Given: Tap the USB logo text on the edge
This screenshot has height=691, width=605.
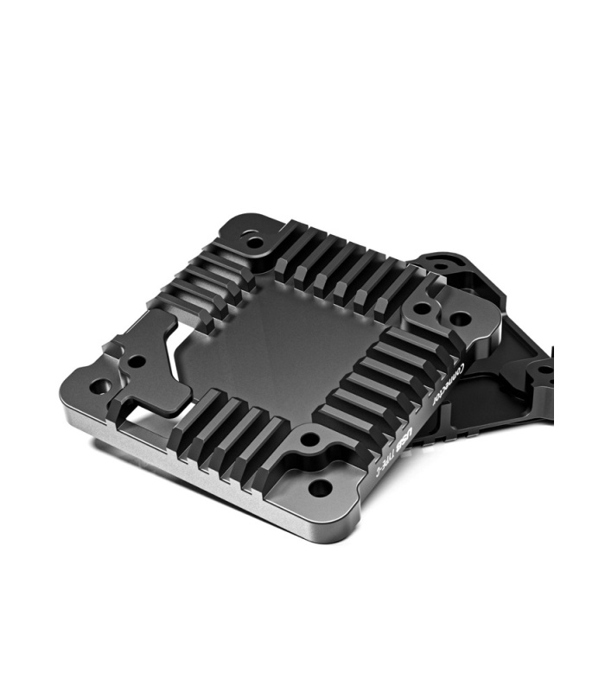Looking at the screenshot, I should [412, 430].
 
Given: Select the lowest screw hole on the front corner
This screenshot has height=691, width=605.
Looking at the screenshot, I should [319, 488].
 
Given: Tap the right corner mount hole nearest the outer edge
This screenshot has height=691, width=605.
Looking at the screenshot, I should [462, 320].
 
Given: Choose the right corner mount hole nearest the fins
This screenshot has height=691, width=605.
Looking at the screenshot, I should [423, 308].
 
